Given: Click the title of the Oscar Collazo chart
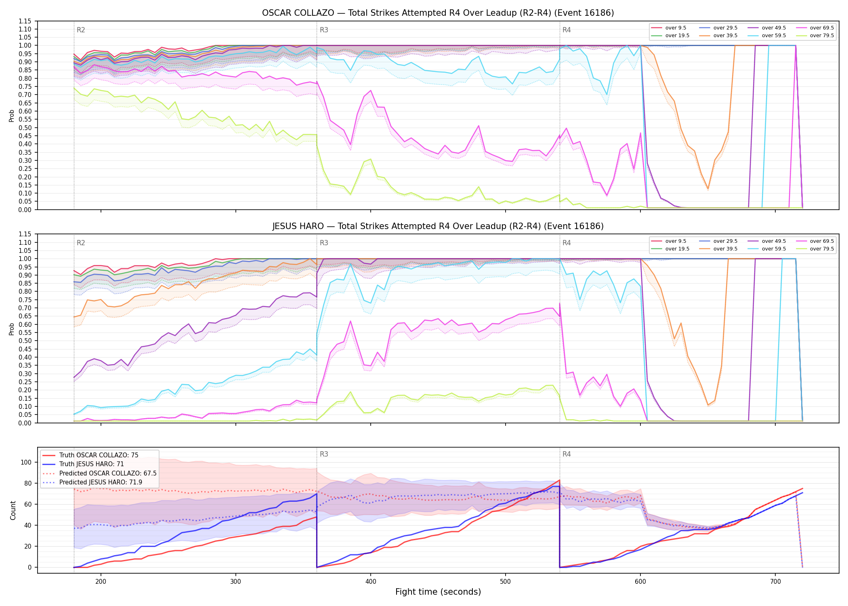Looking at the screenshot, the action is tap(438, 13).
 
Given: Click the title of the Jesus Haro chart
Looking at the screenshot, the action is tap(438, 226).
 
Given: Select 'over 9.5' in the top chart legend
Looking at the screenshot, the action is tap(676, 28).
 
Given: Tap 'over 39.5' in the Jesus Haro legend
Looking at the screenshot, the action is tap(725, 249).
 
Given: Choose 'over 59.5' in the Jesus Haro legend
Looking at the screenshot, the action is tap(774, 249).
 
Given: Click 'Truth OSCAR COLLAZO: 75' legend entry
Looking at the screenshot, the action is tap(99, 455).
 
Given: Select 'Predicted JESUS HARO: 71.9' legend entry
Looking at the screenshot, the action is tap(101, 482).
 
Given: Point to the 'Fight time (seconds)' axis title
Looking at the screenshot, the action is tap(438, 592).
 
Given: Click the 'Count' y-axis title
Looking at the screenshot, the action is tap(13, 510).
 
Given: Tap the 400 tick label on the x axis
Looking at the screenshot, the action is tap(371, 581).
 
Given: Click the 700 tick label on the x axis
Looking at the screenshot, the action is tap(775, 581).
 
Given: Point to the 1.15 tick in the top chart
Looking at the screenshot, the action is tap(25, 21).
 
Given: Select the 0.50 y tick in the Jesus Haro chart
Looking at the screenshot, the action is tap(25, 341).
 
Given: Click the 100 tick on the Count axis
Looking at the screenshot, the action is tap(26, 462).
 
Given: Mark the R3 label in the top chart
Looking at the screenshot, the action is tap(324, 30).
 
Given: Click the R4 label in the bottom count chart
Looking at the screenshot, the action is tap(567, 454).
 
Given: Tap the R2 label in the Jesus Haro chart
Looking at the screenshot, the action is tap(81, 243).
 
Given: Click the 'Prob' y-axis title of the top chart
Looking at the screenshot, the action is tap(12, 116).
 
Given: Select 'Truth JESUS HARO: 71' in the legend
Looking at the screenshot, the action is tap(91, 464).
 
